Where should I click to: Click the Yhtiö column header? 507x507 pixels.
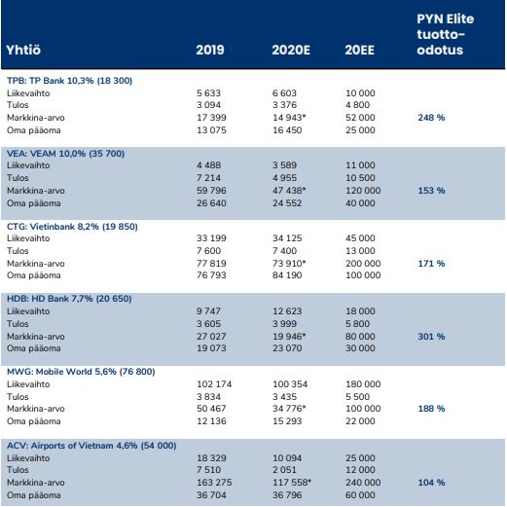pos(23,50)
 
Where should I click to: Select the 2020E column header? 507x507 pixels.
pos(291,50)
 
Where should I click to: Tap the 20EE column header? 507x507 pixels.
pos(359,50)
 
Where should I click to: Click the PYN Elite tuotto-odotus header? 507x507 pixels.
pos(446,34)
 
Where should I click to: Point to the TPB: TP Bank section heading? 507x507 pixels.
pos(69,81)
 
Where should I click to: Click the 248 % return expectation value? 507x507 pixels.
pos(431,118)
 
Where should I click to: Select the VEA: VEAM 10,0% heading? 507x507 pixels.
pos(65,154)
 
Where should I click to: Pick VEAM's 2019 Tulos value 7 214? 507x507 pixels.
pos(208,178)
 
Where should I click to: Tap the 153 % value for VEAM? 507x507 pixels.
pos(431,191)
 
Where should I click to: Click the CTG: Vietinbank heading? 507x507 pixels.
pos(72,227)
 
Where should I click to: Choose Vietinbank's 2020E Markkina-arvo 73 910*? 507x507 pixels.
pos(289,264)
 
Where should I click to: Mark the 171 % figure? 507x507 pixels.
pos(431,264)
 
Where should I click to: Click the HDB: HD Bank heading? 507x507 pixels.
pos(69,299)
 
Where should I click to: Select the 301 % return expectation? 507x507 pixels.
pos(431,337)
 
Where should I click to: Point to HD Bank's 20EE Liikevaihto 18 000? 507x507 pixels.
pos(360,311)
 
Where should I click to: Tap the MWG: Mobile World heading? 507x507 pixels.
pos(81,372)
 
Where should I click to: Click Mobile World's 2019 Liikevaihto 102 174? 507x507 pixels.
pos(214,384)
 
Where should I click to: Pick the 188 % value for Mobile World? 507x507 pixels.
pos(431,409)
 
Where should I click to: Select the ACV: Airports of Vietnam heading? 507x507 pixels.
pos(91,446)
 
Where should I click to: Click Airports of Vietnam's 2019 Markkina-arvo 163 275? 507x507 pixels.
pos(214,483)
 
